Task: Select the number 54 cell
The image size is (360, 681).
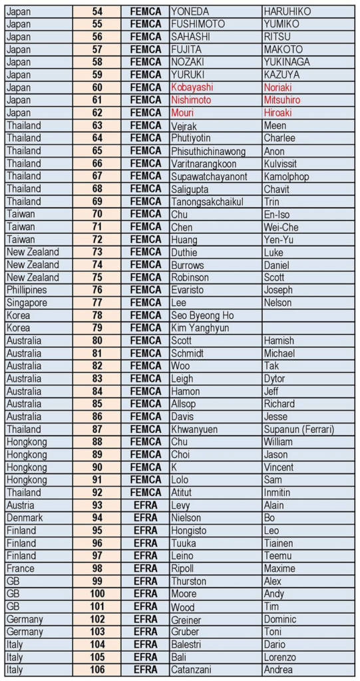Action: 97,11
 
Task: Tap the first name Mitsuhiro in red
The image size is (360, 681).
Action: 281,100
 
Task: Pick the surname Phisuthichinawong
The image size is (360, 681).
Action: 208,151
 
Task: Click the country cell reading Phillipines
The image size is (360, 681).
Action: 27,290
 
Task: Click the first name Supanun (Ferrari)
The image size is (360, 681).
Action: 299,430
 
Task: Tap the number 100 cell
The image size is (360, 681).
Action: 97,594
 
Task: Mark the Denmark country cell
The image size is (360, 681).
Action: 25,518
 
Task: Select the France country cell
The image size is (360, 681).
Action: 21,569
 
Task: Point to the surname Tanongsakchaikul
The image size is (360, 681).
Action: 207,202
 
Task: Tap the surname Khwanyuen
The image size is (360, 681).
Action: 194,430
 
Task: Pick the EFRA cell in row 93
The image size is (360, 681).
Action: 146,505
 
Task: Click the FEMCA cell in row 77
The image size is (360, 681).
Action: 146,303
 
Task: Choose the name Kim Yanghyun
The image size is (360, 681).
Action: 200,328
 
